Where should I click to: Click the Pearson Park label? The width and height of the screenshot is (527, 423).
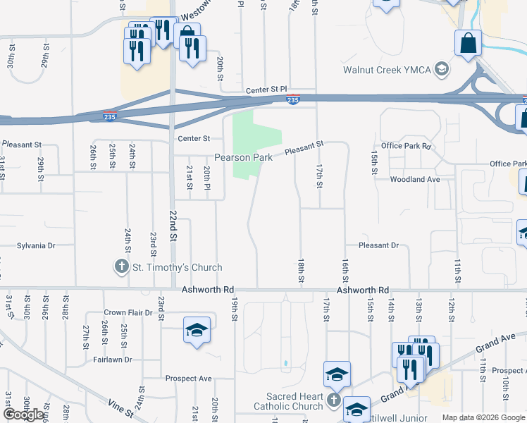(x=243, y=158)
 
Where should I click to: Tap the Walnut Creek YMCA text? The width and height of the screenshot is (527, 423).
(x=386, y=70)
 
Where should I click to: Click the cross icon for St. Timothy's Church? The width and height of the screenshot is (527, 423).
(x=121, y=267)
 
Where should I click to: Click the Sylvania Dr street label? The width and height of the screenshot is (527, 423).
(x=36, y=245)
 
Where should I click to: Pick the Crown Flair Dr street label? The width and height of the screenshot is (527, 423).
(x=125, y=313)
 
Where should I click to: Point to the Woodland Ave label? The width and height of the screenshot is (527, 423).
(x=415, y=180)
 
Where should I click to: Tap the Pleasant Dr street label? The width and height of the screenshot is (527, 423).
(x=378, y=245)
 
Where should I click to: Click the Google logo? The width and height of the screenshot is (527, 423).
(x=23, y=415)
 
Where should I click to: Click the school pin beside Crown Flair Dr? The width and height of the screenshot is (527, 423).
(x=197, y=330)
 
